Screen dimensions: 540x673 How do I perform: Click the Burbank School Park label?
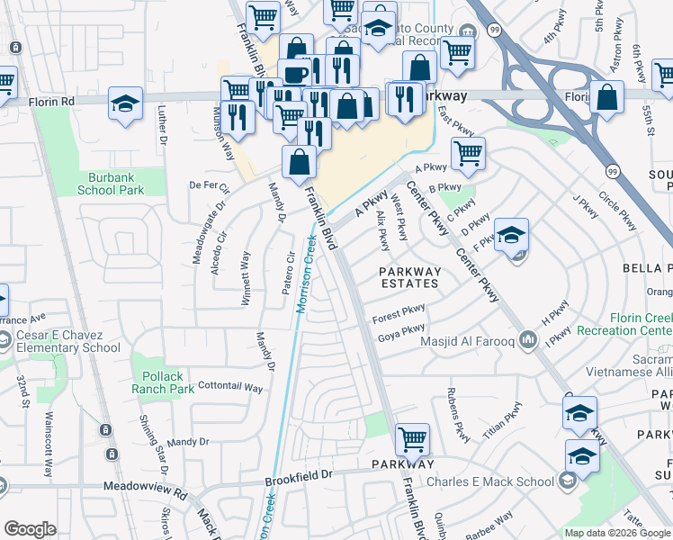point(123,184)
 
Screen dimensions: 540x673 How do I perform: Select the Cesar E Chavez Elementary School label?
point(68,342)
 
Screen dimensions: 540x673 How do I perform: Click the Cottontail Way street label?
point(229,388)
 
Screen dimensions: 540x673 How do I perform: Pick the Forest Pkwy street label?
point(399,316)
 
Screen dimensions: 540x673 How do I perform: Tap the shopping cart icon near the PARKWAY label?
point(412,441)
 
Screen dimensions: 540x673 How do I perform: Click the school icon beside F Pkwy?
point(511,236)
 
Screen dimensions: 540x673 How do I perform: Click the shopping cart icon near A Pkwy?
point(468,154)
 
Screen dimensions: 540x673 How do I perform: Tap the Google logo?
point(30,529)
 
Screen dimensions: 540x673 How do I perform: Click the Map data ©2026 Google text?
point(617,532)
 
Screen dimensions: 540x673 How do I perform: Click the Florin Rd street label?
point(55,103)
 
